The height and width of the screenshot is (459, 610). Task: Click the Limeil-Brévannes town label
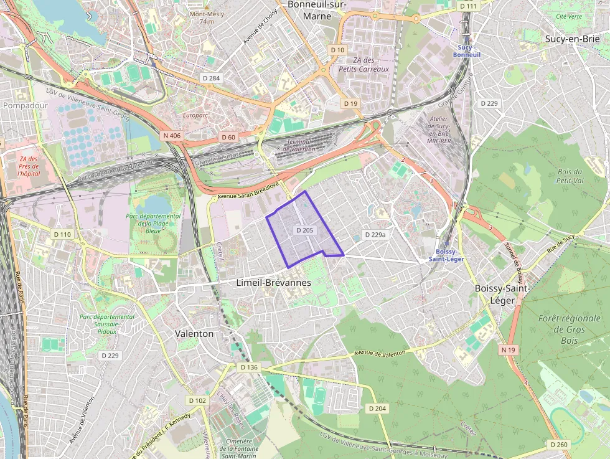[274, 283]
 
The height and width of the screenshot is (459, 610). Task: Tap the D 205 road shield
[305, 230]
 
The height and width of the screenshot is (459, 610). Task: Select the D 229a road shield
[374, 235]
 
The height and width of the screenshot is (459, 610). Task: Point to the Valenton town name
[194, 334]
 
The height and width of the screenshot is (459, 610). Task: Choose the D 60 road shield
[228, 137]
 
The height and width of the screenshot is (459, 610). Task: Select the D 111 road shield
[468, 6]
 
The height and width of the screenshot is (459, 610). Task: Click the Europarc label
[194, 115]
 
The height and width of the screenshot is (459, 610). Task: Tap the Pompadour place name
[26, 105]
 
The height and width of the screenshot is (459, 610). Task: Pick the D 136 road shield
[249, 367]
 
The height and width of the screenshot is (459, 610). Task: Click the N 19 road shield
[509, 350]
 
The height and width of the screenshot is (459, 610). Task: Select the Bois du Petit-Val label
[570, 176]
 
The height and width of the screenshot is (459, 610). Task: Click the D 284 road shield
[212, 78]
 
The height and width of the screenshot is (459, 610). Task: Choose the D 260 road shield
[559, 445]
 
